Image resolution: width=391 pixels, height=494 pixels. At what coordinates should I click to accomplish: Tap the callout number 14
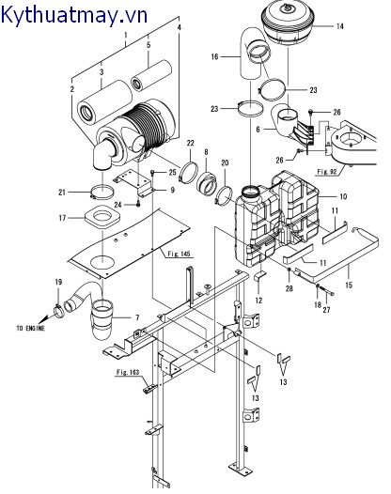339,26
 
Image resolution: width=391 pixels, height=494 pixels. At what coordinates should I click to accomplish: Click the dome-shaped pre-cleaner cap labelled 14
288,23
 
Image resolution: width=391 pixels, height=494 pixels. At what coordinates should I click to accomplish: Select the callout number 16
214,56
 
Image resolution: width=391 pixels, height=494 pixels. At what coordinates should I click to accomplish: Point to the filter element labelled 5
151,76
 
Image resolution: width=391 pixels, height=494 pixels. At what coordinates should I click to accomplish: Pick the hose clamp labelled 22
188,172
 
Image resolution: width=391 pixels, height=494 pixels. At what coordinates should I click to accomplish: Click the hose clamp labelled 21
102,193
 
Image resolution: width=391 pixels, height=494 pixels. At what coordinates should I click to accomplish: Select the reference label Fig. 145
180,254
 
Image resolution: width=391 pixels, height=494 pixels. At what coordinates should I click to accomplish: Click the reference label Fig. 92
327,172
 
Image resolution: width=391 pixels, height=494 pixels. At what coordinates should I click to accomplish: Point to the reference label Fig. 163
128,373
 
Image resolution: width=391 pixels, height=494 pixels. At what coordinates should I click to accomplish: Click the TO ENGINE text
31,329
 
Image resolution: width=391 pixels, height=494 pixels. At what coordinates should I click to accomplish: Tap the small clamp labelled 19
59,310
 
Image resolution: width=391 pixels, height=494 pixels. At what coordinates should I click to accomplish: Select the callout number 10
343,196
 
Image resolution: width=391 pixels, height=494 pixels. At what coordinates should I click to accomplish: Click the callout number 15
349,286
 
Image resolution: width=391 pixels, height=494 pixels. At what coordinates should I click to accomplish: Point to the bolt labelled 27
328,293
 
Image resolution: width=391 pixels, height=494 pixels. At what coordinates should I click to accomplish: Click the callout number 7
137,317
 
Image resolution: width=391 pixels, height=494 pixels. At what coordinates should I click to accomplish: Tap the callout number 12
258,301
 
